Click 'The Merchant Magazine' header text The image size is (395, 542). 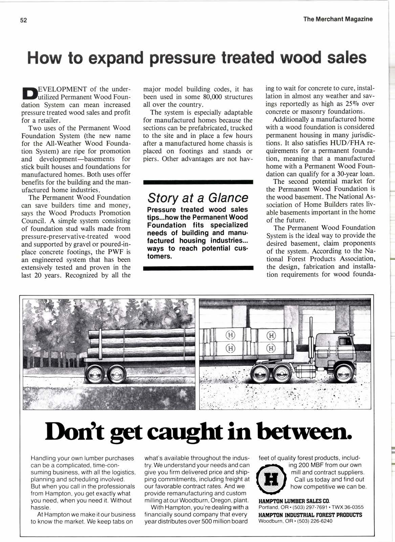point(338,19)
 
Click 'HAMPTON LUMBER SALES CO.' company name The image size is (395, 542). point(294,501)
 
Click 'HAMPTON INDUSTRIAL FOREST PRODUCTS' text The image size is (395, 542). point(310,515)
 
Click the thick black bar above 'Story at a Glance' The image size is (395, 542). point(198,182)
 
